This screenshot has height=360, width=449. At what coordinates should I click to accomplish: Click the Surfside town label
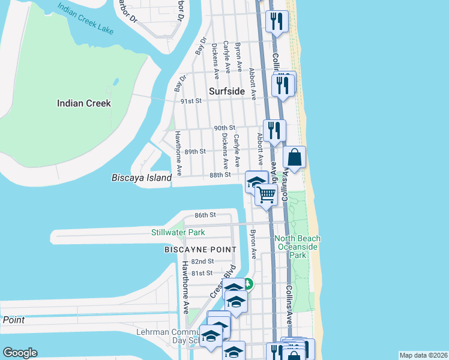tap(227, 91)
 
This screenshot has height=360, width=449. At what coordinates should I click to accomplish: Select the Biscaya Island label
tap(142, 178)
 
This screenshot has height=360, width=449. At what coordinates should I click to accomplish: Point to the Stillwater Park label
tap(178, 232)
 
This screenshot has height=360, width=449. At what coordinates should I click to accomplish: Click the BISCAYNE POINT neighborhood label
tap(200, 248)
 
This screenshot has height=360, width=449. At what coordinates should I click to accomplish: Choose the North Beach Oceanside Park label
tap(298, 247)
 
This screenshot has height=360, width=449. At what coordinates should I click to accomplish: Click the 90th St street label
tap(224, 128)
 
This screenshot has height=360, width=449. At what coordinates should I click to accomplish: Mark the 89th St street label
tap(196, 151)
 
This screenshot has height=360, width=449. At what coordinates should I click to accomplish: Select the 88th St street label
tap(221, 175)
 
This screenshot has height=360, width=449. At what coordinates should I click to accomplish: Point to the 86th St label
tap(205, 215)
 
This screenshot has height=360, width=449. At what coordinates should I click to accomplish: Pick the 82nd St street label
tap(203, 262)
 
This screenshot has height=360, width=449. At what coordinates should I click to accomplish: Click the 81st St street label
tap(202, 273)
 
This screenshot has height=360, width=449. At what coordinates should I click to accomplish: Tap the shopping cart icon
tap(266, 194)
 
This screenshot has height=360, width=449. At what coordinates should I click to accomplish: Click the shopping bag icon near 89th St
tap(294, 158)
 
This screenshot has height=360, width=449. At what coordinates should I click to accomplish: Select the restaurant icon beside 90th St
tap(274, 130)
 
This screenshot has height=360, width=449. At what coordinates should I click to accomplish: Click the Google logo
tap(20, 353)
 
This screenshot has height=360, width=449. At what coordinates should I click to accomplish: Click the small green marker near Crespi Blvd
tap(249, 284)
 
